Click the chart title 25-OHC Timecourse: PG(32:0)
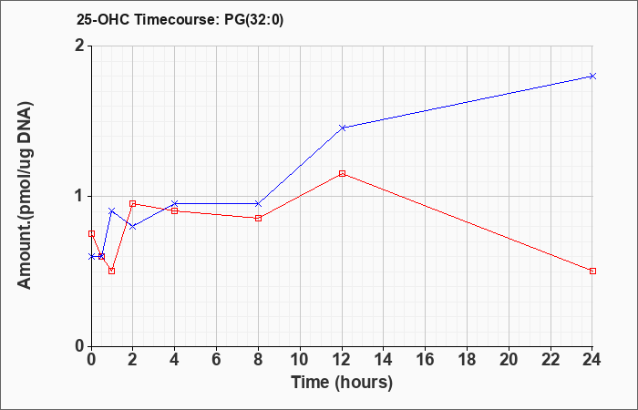coord(180,19)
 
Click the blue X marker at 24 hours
coord(592,76)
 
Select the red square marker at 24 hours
coord(592,271)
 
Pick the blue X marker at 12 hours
coord(342,128)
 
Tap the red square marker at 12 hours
coord(342,174)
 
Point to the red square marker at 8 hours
coord(258,219)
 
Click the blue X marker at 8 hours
coord(258,203)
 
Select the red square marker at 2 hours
coord(133,203)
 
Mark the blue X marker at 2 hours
coord(133,226)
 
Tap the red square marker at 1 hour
coord(112,271)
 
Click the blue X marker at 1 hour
coord(112,210)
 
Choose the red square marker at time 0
coord(91,233)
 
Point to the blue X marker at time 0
coord(91,256)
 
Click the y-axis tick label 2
coord(80,46)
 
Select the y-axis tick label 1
coord(80,197)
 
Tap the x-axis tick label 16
coord(426,360)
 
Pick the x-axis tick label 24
coord(592,360)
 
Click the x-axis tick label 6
coord(217,360)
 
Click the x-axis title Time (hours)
coord(342,384)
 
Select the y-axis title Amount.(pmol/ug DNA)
coord(25,196)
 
